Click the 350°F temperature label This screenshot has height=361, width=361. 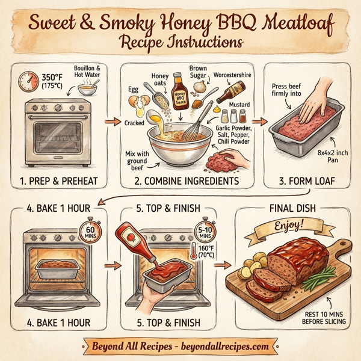point(52,81)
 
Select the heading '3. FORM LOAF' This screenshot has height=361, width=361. point(307,181)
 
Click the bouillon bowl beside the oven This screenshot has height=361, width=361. point(88,90)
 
